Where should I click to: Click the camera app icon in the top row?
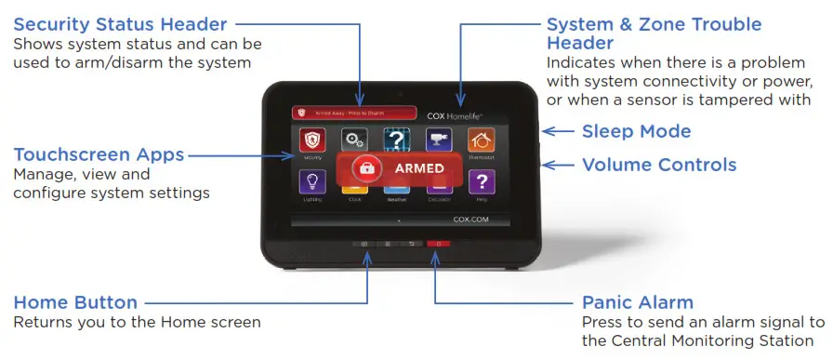pyautogui.click(x=439, y=140)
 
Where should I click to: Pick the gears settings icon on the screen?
pyautogui.click(x=353, y=140)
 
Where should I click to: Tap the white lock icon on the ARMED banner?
pyautogui.click(x=366, y=168)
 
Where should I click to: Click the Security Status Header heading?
pyautogui.click(x=119, y=22)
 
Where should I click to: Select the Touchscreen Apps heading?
pyautogui.click(x=98, y=154)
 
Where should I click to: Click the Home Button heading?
pyautogui.click(x=75, y=302)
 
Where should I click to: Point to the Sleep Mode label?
pyautogui.click(x=636, y=131)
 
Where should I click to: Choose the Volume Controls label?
pyautogui.click(x=659, y=165)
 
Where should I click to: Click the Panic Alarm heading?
pyautogui.click(x=638, y=302)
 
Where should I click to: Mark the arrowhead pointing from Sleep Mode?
pyautogui.click(x=548, y=131)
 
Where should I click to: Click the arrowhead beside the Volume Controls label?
pyautogui.click(x=548, y=165)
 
